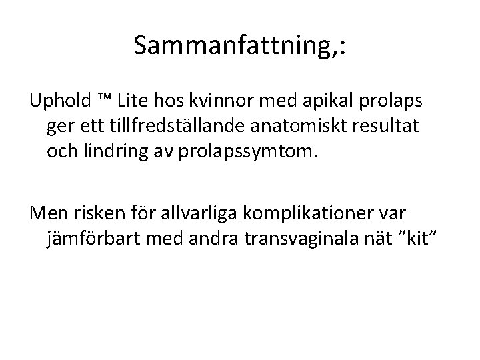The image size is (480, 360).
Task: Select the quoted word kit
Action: pyautogui.click(x=423, y=238)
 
